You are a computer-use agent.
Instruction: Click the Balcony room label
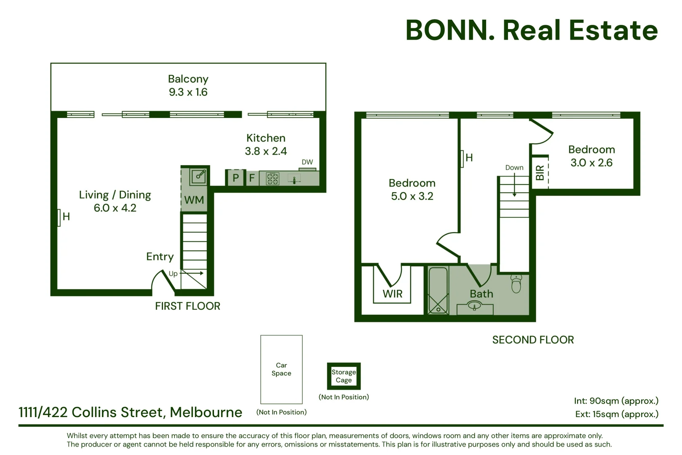188,79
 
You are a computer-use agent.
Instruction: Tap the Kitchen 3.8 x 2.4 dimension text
266,151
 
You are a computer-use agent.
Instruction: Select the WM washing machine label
194,200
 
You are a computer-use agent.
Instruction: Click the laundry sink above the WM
198,177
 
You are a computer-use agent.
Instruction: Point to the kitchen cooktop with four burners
273,179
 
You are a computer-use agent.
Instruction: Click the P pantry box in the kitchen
235,178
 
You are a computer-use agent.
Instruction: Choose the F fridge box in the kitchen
252,178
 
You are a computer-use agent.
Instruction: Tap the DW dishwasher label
307,162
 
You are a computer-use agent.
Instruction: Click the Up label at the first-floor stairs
173,274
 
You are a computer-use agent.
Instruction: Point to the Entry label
160,257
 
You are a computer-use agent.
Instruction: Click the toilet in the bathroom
516,284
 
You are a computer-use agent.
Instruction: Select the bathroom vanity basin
474,305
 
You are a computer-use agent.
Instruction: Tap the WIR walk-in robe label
393,294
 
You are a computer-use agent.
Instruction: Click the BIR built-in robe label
540,173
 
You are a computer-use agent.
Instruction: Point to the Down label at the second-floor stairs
514,168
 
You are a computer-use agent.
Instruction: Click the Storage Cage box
344,376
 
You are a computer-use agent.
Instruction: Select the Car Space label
281,369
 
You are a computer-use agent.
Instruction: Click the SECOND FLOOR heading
533,340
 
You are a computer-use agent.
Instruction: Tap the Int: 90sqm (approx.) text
616,401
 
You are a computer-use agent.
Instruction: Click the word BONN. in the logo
450,30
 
